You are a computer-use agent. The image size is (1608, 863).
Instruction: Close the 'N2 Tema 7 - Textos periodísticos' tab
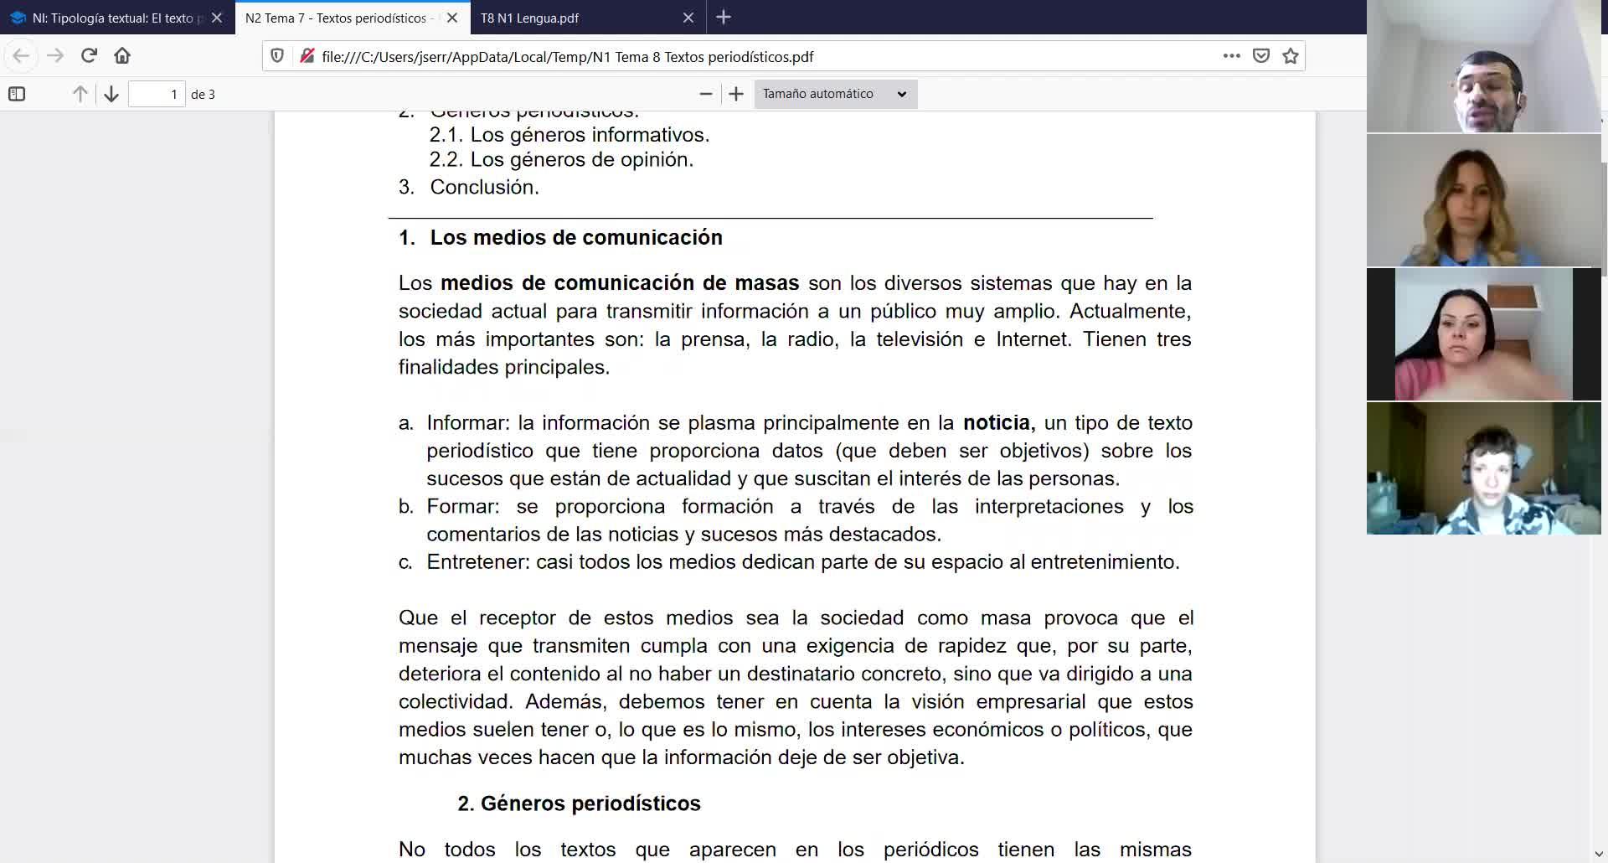452,18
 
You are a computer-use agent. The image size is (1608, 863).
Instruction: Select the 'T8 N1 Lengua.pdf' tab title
529,18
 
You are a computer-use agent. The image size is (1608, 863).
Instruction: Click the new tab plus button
724,17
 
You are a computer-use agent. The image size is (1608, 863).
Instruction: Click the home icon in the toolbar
122,56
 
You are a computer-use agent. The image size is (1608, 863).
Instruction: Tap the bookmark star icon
1291,56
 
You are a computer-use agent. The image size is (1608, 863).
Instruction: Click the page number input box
157,94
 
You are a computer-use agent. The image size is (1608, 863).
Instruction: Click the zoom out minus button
706,94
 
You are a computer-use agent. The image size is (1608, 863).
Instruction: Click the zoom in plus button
736,94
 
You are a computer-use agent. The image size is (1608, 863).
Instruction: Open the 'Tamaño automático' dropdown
835,94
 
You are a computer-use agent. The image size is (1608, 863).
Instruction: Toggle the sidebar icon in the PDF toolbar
17,94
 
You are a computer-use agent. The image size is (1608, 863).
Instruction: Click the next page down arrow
111,94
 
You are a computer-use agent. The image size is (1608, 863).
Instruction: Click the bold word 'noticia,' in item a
998,423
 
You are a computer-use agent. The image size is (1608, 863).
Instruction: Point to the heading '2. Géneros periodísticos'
579,804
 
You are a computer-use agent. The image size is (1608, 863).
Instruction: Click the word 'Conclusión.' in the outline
484,187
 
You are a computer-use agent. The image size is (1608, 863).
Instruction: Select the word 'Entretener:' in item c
477,562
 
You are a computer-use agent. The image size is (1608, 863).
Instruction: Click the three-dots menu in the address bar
1231,56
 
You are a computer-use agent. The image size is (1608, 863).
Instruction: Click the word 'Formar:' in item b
462,507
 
